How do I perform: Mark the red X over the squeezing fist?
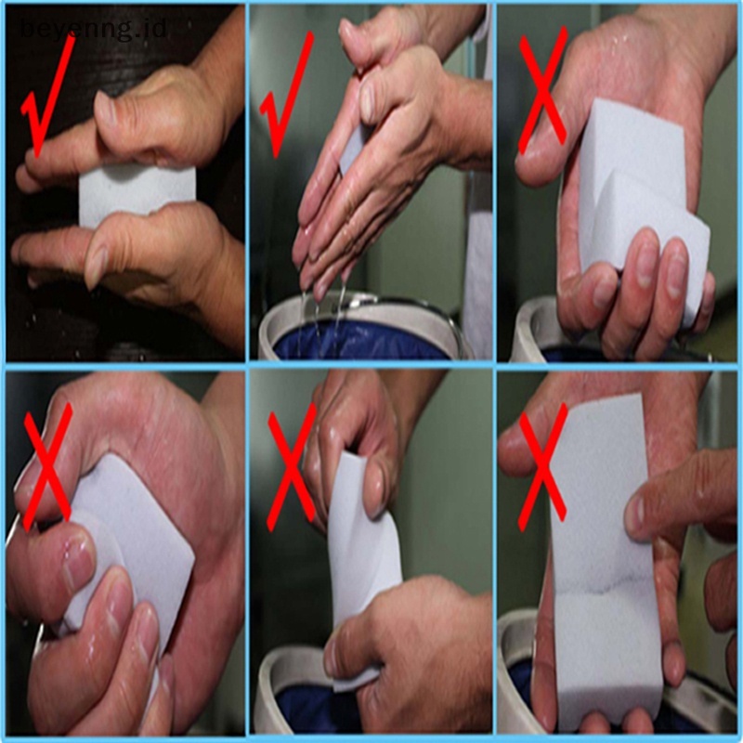pyautogui.click(x=46, y=464)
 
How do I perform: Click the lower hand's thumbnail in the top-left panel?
pyautogui.click(x=97, y=266)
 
